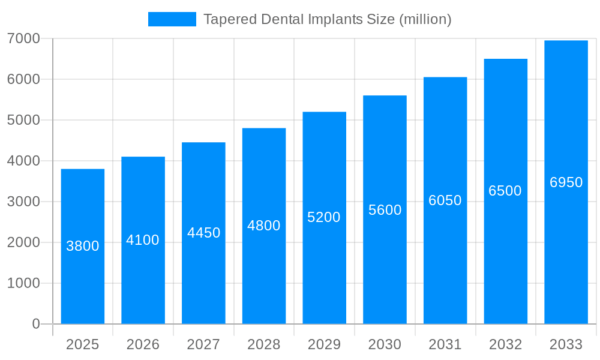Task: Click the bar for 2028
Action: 264,270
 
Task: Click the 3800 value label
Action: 83,246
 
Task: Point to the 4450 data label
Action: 204,233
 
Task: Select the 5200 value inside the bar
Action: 324,217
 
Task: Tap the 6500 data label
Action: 505,191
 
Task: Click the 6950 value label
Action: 566,182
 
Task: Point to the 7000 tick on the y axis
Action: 23,38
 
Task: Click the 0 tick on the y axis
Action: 35,324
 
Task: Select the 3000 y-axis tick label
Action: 23,202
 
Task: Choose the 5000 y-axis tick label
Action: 23,120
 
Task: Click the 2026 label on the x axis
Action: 143,344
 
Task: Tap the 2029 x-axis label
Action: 324,344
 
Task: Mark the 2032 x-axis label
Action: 505,344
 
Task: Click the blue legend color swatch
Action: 172,19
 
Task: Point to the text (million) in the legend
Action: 425,19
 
